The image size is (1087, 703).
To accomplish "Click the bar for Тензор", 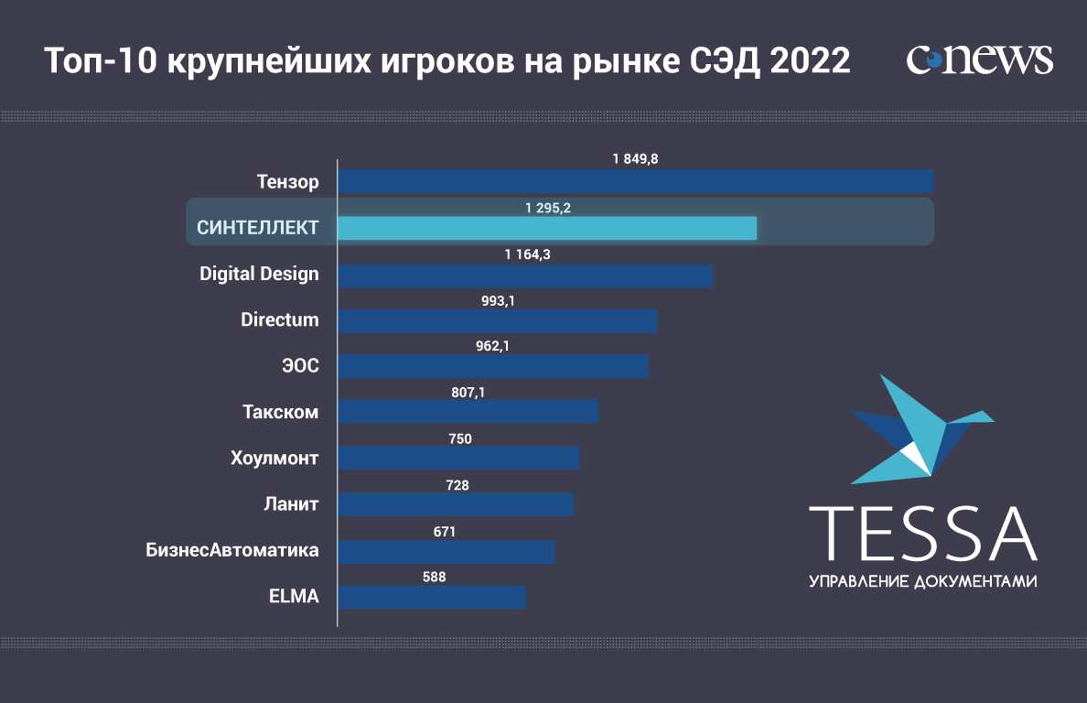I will tap(635, 181).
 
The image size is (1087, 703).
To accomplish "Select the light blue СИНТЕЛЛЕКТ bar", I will tap(547, 228).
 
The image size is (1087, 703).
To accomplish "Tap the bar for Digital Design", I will tap(525, 276).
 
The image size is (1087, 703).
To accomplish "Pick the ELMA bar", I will tap(432, 597).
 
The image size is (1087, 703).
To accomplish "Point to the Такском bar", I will tap(468, 411).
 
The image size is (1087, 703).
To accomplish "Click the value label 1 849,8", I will tap(635, 158).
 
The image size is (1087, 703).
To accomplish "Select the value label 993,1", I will tap(498, 299).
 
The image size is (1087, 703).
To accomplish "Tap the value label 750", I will tap(460, 439).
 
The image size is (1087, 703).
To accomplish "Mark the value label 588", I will tap(434, 577).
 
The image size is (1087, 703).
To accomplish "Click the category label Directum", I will tap(279, 319).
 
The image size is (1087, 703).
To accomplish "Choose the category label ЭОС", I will tap(300, 365).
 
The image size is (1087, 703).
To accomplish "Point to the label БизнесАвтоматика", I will tap(232, 550).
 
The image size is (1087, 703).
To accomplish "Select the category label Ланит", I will tap(291, 503).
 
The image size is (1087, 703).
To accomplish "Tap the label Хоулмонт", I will tap(274, 457).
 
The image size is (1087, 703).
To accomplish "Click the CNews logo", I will tap(980, 60).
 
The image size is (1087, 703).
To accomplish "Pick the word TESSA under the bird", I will tap(923, 533).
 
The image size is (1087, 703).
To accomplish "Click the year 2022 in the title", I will tap(811, 61).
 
